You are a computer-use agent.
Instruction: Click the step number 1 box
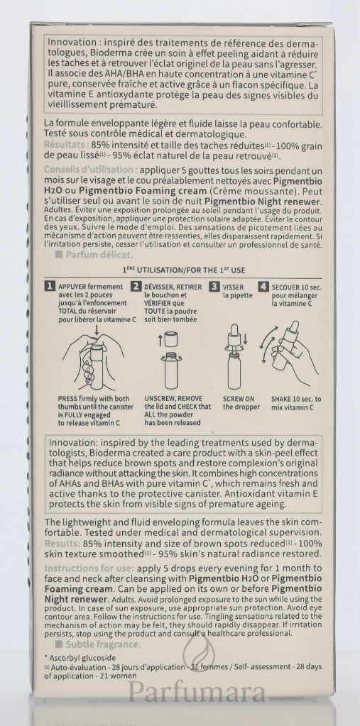point(50,287)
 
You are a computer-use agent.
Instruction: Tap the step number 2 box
point(136,287)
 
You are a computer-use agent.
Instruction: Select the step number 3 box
point(214,287)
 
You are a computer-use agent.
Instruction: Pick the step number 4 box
point(263,287)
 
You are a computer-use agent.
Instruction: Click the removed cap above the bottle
point(171,340)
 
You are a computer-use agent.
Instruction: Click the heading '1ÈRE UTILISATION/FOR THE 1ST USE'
point(183,270)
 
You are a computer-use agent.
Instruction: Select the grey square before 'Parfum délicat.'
point(59,254)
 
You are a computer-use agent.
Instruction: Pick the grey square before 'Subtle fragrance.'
point(59,644)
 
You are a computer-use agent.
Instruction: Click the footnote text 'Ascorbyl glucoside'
point(83,657)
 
